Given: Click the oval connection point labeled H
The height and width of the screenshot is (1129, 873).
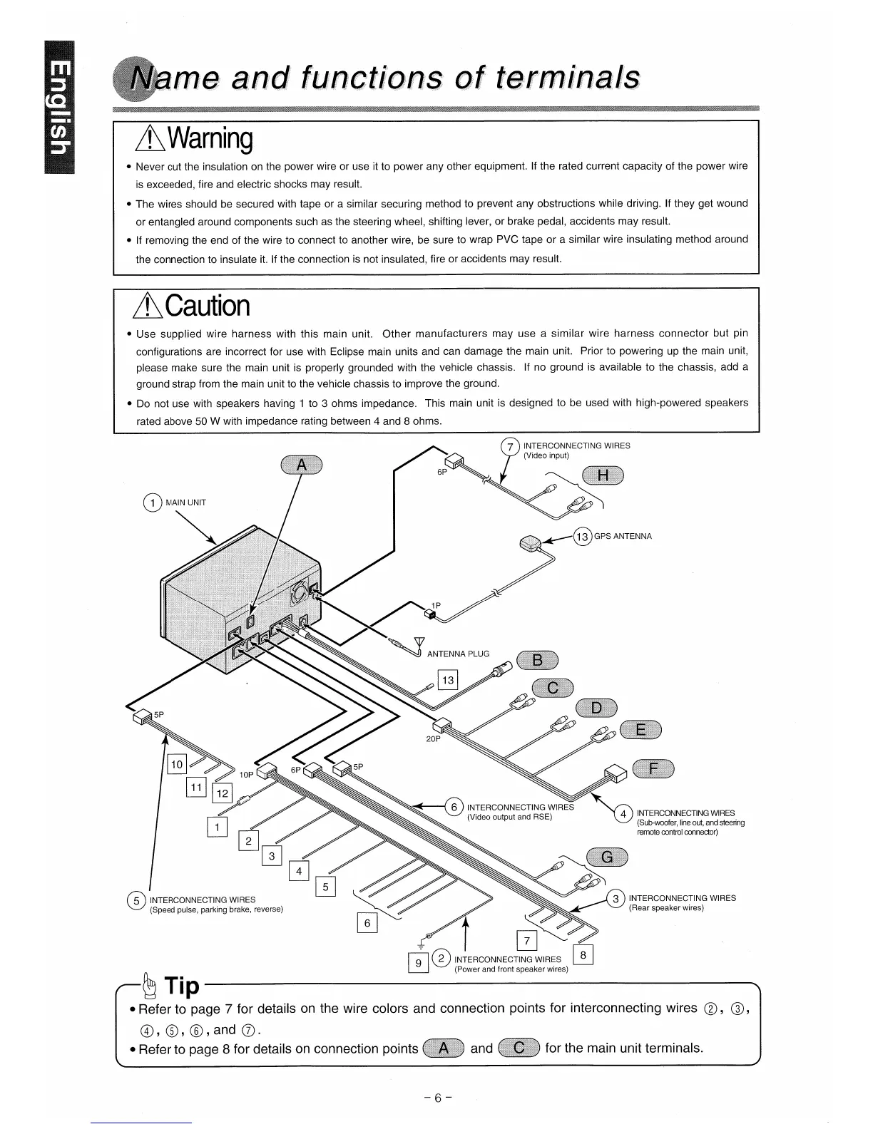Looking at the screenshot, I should click(x=603, y=475).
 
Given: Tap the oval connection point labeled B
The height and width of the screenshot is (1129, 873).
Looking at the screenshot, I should click(x=538, y=661).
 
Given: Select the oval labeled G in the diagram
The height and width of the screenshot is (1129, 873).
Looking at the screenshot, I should click(x=607, y=857).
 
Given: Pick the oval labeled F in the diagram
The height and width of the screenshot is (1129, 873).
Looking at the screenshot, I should click(x=653, y=768).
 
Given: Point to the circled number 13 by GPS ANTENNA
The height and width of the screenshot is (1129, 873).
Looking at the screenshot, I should click(x=583, y=537).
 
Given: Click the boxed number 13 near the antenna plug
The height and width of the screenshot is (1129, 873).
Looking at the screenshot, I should click(x=448, y=681).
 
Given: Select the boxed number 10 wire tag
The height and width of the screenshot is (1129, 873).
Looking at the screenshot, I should click(x=176, y=765).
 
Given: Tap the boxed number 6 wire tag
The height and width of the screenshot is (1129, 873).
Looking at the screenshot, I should click(x=367, y=924).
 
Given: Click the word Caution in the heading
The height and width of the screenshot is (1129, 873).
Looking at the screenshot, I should click(x=208, y=306).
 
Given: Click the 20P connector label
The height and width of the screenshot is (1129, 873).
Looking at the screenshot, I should click(x=433, y=739).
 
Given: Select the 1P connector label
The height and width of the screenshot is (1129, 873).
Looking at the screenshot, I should click(x=436, y=606).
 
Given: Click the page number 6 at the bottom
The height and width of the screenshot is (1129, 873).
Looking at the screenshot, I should click(x=436, y=1098).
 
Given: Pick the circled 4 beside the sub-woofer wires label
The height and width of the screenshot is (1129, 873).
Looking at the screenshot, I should click(x=623, y=814).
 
